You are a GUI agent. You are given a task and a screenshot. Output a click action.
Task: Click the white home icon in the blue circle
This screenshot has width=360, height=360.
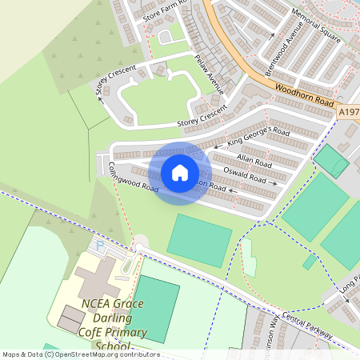(180, 173)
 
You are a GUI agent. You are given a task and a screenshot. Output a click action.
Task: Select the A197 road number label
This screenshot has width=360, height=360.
(348, 113)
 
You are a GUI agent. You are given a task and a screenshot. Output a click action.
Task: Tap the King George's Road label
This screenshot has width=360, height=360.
(258, 136)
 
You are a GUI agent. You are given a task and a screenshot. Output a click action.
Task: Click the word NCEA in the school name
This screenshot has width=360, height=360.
(98, 304)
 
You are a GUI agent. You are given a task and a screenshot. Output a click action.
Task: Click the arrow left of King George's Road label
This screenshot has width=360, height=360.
(218, 148)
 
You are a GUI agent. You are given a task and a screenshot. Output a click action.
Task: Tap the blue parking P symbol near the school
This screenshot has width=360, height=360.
(100, 245)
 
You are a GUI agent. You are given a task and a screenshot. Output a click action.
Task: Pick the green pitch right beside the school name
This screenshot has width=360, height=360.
(157, 309)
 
